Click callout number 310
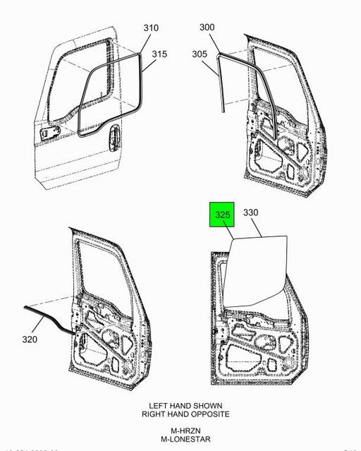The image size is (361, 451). click(x=151, y=28)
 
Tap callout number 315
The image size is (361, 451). click(x=159, y=54)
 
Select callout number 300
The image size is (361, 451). click(x=207, y=28)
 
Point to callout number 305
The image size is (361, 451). click(x=200, y=54)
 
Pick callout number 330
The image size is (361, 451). click(x=251, y=212)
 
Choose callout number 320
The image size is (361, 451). click(x=30, y=339)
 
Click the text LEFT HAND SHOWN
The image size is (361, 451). click(x=185, y=406)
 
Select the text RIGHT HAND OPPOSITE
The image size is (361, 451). click(x=185, y=414)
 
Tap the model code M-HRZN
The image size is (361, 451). click(x=185, y=430)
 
